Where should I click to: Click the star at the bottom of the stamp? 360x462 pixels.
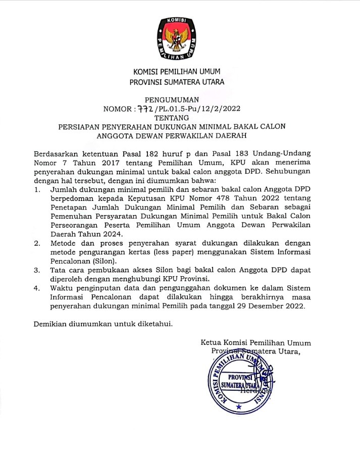pyautogui.click(x=239, y=406)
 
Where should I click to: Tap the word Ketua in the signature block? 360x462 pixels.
pyautogui.click(x=211, y=343)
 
